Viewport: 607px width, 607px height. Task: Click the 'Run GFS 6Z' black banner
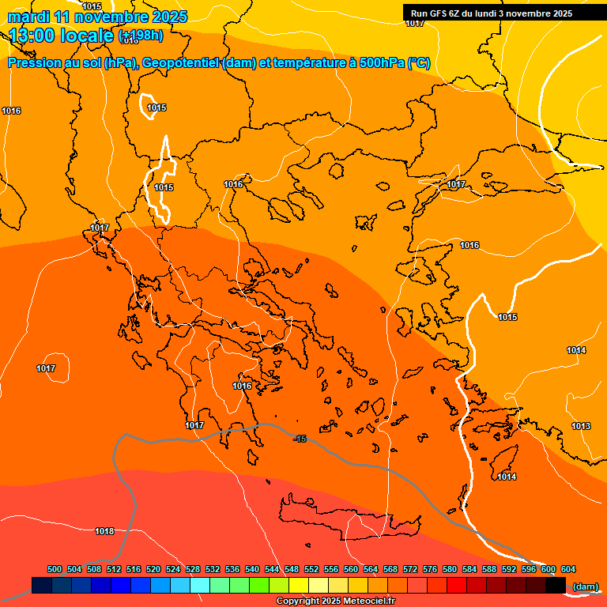[x=491, y=13]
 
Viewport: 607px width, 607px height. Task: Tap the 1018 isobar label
[x=104, y=531]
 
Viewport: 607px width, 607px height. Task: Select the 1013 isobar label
[x=581, y=427]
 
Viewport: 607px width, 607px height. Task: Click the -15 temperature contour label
[x=300, y=439]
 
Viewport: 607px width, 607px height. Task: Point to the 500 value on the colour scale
[x=55, y=569]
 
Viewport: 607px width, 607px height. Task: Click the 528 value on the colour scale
[x=193, y=569]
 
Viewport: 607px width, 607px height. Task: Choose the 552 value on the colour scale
[x=311, y=569]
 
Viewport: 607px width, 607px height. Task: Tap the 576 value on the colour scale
[x=430, y=569]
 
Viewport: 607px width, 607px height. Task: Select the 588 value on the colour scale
[x=489, y=569]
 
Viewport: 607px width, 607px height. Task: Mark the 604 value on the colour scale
[x=568, y=569]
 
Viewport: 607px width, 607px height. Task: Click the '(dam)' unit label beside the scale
[x=585, y=586]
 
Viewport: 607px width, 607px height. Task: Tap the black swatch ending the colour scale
[x=556, y=585]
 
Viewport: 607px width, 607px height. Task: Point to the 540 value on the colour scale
[x=252, y=569]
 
